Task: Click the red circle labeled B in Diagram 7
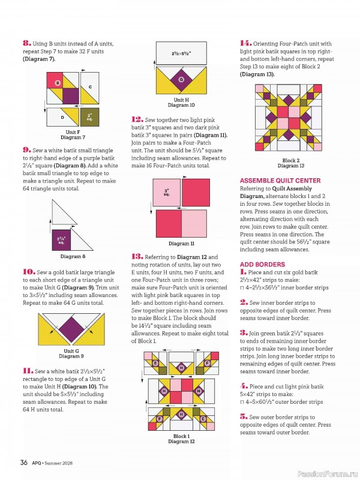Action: (x=58, y=83)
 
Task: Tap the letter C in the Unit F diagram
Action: (x=89, y=87)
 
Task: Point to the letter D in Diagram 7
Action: (x=62, y=118)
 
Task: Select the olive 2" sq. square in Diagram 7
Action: (x=89, y=116)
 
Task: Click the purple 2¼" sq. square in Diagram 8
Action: (x=61, y=239)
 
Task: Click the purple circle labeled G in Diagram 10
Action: (x=181, y=79)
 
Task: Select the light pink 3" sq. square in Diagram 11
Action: (x=167, y=193)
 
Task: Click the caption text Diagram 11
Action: (x=181, y=244)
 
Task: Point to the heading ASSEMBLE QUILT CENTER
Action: (x=280, y=181)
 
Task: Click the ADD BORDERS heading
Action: (x=262, y=264)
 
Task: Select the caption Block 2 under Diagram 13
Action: (x=290, y=160)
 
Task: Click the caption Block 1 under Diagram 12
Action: (x=181, y=436)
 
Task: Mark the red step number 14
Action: (x=245, y=43)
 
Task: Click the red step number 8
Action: (x=26, y=43)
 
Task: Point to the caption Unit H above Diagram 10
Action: (x=181, y=100)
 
